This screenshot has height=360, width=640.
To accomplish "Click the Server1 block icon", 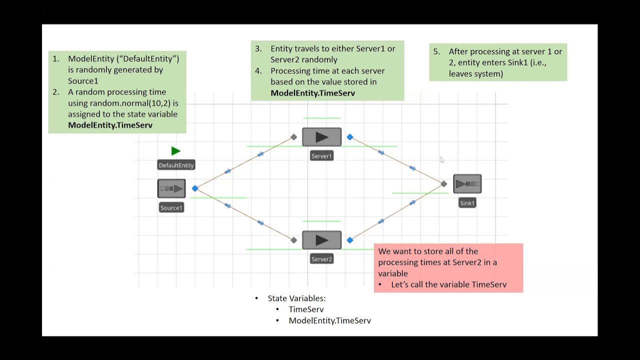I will pos(321,137).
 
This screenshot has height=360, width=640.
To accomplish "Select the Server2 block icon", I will pos(321,240).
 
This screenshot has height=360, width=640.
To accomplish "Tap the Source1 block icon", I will pos(171,188).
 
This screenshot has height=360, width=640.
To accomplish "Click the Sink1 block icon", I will pos(467,184).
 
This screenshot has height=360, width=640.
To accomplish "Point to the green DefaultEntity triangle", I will pos(175,151).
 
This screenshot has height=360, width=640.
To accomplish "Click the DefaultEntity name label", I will pos(176,165).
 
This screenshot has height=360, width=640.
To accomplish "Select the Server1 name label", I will pos(321,156).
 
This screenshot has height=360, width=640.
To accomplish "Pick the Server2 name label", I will pos(321,259).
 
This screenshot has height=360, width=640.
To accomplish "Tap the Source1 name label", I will pos(171,207).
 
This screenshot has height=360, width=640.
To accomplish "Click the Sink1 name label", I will pos(467,203).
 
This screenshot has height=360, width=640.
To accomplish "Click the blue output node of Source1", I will pos(195,188).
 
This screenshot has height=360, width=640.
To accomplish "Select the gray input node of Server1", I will pos(293,137).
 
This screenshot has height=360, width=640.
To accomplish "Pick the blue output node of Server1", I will pos(350,137).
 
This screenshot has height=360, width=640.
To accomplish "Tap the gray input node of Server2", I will pos(293,240).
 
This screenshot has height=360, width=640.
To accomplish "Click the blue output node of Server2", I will pos(350,240).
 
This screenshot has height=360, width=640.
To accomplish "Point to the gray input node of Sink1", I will pos(443,184).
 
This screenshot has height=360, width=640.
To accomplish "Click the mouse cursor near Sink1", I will pos(441,159).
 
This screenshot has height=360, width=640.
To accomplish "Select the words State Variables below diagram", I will pos(296,298).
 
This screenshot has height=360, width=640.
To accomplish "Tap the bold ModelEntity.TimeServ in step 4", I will pos(312,92).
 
